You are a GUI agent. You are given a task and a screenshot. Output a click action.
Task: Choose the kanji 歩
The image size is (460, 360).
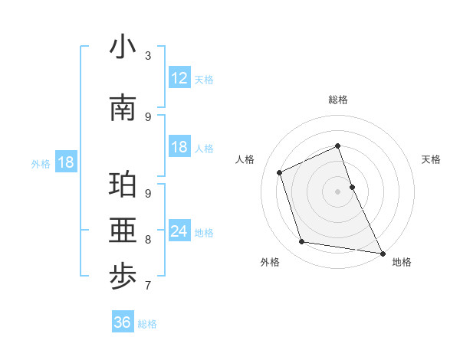pos(123,277)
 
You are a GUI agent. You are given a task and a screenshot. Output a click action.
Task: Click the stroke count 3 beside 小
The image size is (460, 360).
pos(148,56)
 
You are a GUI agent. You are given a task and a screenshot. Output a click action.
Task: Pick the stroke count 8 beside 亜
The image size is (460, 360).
pos(148,240)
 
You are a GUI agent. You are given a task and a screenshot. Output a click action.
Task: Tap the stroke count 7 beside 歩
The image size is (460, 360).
pos(148,286)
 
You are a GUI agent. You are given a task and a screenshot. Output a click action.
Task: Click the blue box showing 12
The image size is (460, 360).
pos(179,78)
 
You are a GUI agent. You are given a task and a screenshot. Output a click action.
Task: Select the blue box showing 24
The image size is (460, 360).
pos(179,231)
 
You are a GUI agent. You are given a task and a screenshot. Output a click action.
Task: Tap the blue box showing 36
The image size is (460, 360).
pos(122,322)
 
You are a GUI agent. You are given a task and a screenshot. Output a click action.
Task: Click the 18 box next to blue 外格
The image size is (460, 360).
pos(65,162)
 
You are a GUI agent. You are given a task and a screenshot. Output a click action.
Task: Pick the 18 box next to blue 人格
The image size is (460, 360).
pos(179,147)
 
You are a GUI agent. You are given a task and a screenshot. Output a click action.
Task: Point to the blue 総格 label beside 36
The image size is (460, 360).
pos(147,324)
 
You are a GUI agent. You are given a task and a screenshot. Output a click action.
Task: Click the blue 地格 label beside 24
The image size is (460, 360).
pos(204,233)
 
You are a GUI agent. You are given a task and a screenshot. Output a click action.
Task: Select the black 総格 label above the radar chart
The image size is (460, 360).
pos(337,100)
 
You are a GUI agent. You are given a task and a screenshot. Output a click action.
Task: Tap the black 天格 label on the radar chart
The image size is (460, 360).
pos(432,159)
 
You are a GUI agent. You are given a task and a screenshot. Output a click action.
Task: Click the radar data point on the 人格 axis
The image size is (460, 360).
pos(280,172)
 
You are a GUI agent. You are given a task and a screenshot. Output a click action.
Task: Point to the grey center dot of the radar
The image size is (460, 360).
pos(337,191)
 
